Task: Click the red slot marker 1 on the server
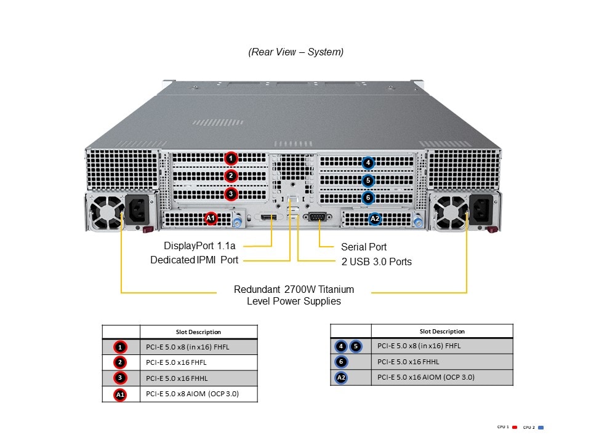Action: pyautogui.click(x=230, y=159)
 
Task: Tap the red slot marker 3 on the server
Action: pyautogui.click(x=230, y=194)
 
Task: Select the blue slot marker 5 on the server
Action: pyautogui.click(x=368, y=180)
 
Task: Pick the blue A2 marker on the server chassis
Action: pyautogui.click(x=375, y=218)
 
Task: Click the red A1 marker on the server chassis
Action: pyautogui.click(x=211, y=218)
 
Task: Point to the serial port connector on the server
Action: pyautogui.click(x=318, y=217)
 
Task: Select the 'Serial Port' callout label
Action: pyautogui.click(x=364, y=247)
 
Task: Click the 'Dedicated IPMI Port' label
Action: pyautogui.click(x=194, y=260)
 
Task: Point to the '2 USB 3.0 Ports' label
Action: pyautogui.click(x=377, y=261)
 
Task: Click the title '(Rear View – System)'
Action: pyautogui.click(x=296, y=52)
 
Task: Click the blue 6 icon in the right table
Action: pyautogui.click(x=341, y=362)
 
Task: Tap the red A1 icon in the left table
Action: pyautogui.click(x=121, y=394)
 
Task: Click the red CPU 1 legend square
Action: pyautogui.click(x=514, y=427)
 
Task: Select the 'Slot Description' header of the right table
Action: pyautogui.click(x=442, y=332)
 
